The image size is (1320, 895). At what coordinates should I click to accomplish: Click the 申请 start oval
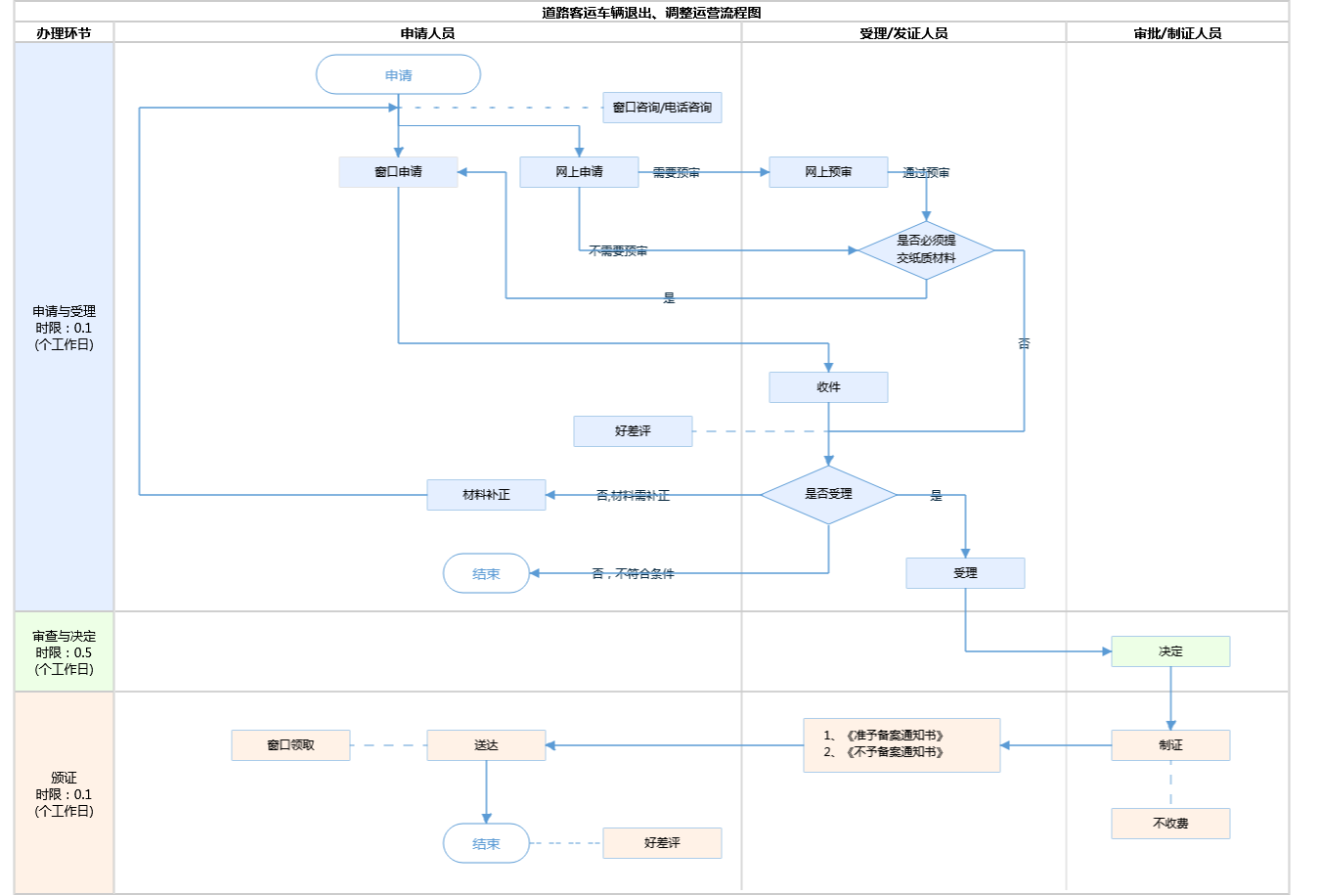[398, 75]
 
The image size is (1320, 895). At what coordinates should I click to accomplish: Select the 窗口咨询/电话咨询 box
[662, 108]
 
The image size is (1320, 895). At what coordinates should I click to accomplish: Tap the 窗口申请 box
[398, 172]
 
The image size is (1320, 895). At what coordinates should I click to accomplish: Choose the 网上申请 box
[579, 172]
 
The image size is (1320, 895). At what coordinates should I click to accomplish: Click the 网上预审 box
[828, 172]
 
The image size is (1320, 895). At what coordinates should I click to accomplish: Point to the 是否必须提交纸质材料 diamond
[926, 249]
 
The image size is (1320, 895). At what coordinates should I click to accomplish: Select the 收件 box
[828, 387]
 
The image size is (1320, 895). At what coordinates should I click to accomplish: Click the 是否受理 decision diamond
[828, 495]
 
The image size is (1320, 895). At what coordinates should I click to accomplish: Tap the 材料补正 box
[486, 495]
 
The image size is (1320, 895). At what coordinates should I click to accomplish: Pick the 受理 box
[965, 573]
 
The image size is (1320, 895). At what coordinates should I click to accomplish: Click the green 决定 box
[1170, 651]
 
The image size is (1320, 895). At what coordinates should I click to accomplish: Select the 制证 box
[1170, 745]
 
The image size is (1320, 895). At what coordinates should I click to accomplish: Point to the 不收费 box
[1170, 824]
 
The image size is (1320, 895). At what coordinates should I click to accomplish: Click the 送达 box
[486, 745]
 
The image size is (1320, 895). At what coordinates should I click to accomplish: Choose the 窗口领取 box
[290, 745]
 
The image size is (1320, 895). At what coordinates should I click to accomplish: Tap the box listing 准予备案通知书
[902, 744]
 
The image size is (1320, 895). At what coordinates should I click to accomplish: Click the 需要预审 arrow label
[677, 173]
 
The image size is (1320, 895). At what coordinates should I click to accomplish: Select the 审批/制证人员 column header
[1177, 33]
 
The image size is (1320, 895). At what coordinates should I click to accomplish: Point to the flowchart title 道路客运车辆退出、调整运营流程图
[651, 13]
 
